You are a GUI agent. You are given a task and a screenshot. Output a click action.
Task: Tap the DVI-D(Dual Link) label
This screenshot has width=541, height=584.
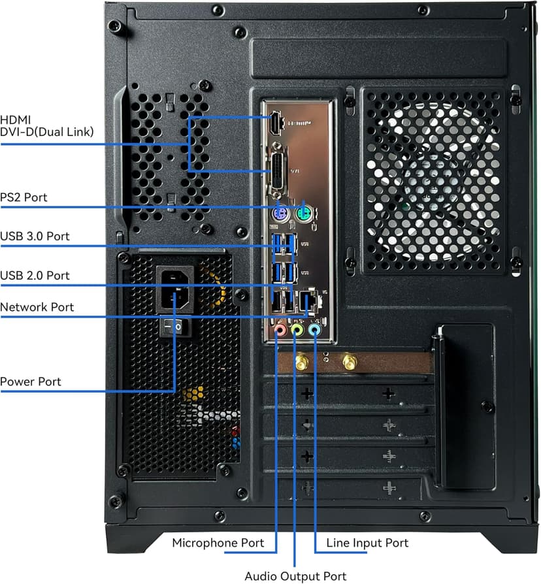(x=47, y=132)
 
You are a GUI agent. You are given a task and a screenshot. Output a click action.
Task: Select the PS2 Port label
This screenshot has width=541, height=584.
(x=24, y=197)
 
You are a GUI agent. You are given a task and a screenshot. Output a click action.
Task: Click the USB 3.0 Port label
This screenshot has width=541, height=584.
(x=35, y=236)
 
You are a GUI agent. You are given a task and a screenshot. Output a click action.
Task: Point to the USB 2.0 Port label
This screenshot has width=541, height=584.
(x=35, y=275)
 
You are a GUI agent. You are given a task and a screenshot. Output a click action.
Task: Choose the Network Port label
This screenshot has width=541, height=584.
(x=37, y=307)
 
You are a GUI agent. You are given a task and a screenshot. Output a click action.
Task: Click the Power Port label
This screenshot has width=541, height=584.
(x=31, y=381)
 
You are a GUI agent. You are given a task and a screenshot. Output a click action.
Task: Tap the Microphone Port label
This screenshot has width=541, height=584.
(x=218, y=543)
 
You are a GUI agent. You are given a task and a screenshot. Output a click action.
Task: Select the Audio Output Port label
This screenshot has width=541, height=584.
(x=295, y=576)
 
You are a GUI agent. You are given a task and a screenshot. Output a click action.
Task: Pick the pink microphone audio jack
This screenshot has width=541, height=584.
(x=280, y=331)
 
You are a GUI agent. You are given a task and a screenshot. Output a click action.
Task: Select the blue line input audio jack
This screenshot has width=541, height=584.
(x=315, y=331)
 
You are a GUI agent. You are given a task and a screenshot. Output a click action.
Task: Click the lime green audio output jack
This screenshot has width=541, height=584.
(x=297, y=331)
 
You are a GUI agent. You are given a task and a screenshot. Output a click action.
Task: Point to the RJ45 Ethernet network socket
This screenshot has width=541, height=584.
(x=306, y=302)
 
